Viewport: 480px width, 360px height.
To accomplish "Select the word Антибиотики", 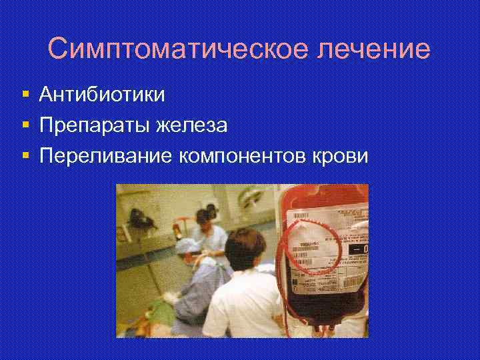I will point(102,95).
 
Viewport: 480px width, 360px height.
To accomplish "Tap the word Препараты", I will point(95,125).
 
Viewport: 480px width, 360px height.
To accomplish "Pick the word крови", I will point(343,155).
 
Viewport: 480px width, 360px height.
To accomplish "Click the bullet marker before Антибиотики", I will point(25,95).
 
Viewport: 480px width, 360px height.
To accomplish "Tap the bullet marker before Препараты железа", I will point(25,125).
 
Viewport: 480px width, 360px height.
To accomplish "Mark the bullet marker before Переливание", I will point(25,155).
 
